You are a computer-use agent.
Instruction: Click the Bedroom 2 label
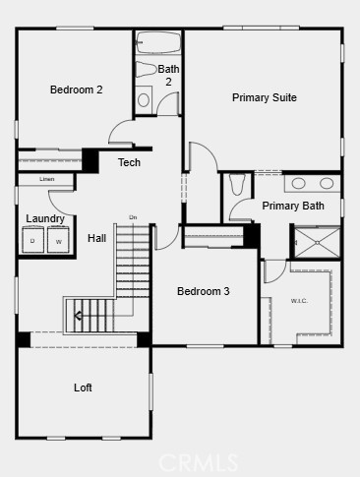coord(77,89)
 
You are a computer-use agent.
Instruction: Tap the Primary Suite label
coord(264,97)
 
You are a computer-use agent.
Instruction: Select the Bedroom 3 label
coord(204,291)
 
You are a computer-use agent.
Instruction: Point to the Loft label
coord(84,388)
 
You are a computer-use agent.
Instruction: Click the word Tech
coord(129,162)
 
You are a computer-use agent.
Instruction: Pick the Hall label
coord(96,238)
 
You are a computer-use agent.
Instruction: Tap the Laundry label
coord(45,218)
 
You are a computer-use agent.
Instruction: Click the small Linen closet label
coord(47,179)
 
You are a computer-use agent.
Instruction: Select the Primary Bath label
coord(293,206)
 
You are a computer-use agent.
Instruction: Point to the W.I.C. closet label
coord(299,301)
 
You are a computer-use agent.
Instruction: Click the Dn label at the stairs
coord(133,216)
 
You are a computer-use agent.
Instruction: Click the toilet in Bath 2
coord(144,99)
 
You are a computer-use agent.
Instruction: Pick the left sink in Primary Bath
coord(299,183)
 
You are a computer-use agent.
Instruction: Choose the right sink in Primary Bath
coord(327,183)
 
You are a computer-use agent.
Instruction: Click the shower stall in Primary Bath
coord(317,241)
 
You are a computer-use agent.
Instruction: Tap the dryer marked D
coord(33,241)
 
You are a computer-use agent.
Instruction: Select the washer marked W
coord(58,241)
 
